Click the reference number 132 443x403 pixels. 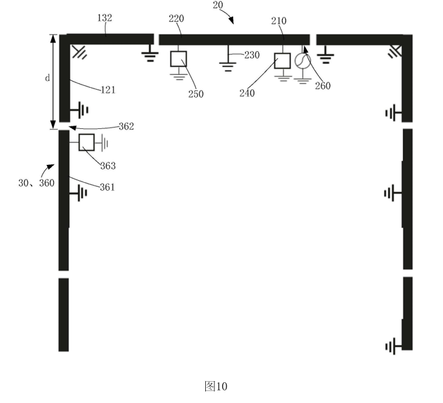pyautogui.click(x=104, y=18)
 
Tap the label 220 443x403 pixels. pyautogui.click(x=176, y=19)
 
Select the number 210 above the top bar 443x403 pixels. pyautogui.click(x=278, y=21)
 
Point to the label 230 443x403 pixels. pyautogui.click(x=252, y=55)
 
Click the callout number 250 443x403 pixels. pyautogui.click(x=196, y=94)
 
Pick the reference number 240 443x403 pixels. pyautogui.click(x=247, y=93)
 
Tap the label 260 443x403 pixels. pyautogui.click(x=323, y=85)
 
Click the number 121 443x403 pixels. pyautogui.click(x=108, y=90)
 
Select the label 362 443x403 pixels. pyautogui.click(x=126, y=126)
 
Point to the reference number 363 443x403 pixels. pyautogui.click(x=108, y=166)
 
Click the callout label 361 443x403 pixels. pyautogui.click(x=107, y=188)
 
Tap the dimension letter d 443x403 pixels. pyautogui.click(x=47, y=78)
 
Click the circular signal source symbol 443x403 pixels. pyautogui.click(x=303, y=61)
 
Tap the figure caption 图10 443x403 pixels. pyautogui.click(x=216, y=386)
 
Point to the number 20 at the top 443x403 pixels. pyautogui.click(x=218, y=5)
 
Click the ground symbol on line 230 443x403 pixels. pyautogui.click(x=228, y=67)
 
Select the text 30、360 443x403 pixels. pyautogui.click(x=36, y=183)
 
